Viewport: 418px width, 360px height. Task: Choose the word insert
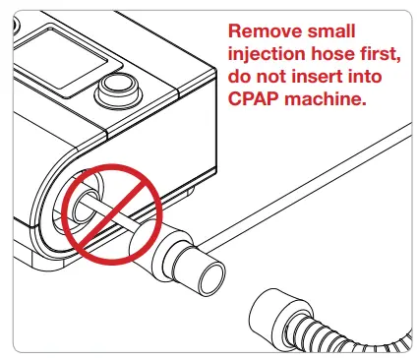tap(316, 77)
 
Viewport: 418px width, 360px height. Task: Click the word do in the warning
tap(238, 77)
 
